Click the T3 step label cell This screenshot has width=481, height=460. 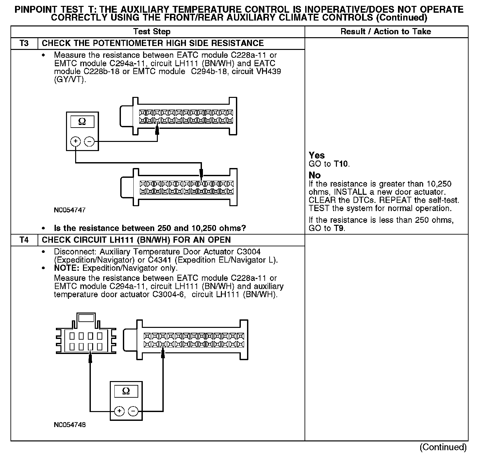24,43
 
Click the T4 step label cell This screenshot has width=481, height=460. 24,240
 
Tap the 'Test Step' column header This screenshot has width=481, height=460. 152,32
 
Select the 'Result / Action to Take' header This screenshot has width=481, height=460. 386,32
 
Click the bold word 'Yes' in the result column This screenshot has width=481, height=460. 317,155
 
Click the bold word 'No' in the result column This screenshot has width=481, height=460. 315,175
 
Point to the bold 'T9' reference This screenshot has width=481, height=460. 339,228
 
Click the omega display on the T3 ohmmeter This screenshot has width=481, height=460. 82,122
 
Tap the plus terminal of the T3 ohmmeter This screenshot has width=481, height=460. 75,141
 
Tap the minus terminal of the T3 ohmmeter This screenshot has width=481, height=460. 89,141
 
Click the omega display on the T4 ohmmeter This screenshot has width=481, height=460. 126,391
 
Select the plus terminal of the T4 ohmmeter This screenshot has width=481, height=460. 120,411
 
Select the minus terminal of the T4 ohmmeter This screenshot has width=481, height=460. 133,411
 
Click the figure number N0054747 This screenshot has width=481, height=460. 70,210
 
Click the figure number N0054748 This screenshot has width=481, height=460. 70,425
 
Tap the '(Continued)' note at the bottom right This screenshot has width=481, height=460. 443,447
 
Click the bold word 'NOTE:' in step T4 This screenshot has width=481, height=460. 67,268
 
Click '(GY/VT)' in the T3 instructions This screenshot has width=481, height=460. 70,80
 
